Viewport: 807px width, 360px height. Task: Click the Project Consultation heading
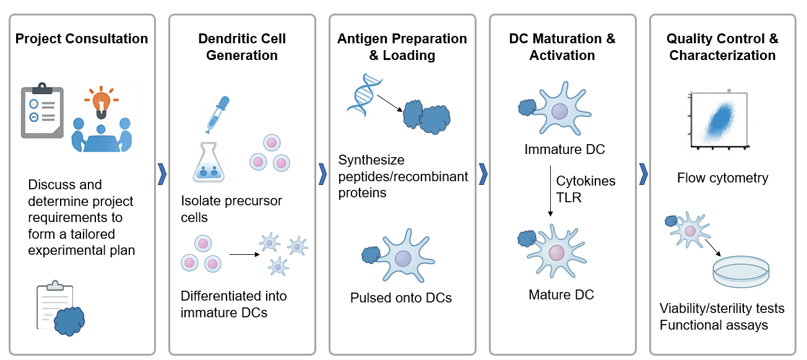click(82, 39)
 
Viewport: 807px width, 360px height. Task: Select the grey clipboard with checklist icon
click(42, 111)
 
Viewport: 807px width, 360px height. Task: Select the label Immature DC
click(564, 150)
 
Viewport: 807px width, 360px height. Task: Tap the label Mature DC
click(561, 294)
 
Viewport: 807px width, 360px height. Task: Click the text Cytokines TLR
click(585, 189)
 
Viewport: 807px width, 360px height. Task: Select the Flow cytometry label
click(722, 178)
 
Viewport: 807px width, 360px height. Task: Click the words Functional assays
click(714, 325)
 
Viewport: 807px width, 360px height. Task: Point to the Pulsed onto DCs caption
click(401, 298)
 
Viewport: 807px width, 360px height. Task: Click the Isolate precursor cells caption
click(231, 209)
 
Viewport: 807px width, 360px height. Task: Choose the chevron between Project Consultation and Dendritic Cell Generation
click(162, 174)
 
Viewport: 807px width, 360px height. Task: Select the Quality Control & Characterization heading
click(722, 47)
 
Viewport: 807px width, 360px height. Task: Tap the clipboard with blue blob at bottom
click(60, 307)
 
